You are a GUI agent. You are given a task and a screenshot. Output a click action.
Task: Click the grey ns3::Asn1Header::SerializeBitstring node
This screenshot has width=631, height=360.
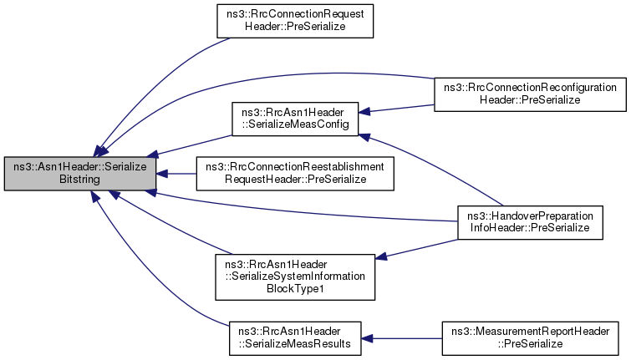pyautogui.click(x=80, y=174)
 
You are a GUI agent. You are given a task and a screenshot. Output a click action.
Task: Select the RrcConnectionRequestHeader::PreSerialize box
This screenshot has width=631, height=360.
pyautogui.click(x=295, y=21)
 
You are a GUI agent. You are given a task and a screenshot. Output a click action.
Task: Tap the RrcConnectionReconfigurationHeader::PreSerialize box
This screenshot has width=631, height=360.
pyautogui.click(x=530, y=94)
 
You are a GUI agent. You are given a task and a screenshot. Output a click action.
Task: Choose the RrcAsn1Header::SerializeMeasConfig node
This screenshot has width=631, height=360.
pyautogui.click(x=295, y=119)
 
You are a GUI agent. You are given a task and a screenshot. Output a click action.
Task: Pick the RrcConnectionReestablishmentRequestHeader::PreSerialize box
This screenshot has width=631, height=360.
pyautogui.click(x=295, y=174)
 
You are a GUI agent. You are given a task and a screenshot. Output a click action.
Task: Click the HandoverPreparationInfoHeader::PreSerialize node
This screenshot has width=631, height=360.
pyautogui.click(x=530, y=222)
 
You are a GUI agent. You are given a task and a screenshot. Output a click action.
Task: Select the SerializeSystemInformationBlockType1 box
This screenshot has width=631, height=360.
pyautogui.click(x=295, y=276)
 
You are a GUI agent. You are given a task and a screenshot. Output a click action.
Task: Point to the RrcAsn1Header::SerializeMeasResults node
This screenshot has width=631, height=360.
pyautogui.click(x=295, y=338)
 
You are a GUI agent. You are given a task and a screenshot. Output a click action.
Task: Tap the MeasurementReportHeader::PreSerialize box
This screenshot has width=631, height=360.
pyautogui.click(x=530, y=338)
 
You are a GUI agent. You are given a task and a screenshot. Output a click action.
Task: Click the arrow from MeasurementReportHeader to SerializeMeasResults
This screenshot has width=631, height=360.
pyautogui.click(x=402, y=338)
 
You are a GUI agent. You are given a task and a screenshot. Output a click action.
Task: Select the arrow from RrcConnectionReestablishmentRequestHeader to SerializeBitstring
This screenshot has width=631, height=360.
pyautogui.click(x=176, y=174)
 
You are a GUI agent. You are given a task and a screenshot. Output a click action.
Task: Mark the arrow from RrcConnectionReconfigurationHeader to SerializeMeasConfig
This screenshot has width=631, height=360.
pyautogui.click(x=396, y=109)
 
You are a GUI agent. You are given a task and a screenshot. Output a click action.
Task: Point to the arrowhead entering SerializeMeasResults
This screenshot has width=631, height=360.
pyautogui.click(x=367, y=338)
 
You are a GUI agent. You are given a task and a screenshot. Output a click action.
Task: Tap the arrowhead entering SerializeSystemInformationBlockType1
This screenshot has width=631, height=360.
pyautogui.click(x=381, y=256)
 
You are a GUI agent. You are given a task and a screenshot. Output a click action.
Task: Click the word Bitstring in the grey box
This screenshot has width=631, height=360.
pyautogui.click(x=79, y=180)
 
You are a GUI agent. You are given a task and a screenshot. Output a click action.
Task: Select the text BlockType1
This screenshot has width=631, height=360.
pyautogui.click(x=295, y=289)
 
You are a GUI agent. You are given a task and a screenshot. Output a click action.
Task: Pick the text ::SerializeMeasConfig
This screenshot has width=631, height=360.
pyautogui.click(x=295, y=124)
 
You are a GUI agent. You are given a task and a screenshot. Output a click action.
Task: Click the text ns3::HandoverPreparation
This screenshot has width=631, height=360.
pyautogui.click(x=530, y=216)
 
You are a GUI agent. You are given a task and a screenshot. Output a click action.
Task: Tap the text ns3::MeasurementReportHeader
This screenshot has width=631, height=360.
pyautogui.click(x=530, y=332)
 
